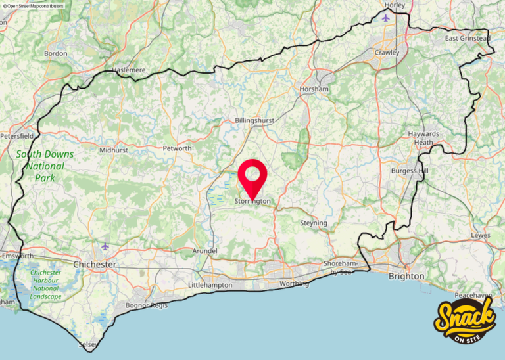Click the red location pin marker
[252, 176]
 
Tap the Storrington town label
[252, 202]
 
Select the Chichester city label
[95, 264]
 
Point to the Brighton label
[406, 276]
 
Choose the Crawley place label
[387, 52]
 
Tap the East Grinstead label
[468, 39]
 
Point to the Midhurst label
[114, 150]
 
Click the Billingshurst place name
[254, 121]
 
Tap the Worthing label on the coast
[293, 284]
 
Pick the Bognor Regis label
[148, 306]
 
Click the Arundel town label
[204, 251]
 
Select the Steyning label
[314, 223]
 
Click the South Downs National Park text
[45, 166]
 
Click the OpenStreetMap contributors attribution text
[34, 5]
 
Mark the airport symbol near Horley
[385, 18]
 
